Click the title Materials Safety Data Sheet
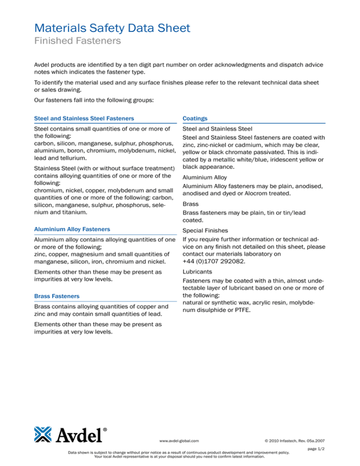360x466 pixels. pyautogui.click(x=113, y=28)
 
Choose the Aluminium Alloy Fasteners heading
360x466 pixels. pyautogui.click(x=73, y=229)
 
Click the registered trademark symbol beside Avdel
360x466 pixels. pyautogui.click(x=105, y=428)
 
